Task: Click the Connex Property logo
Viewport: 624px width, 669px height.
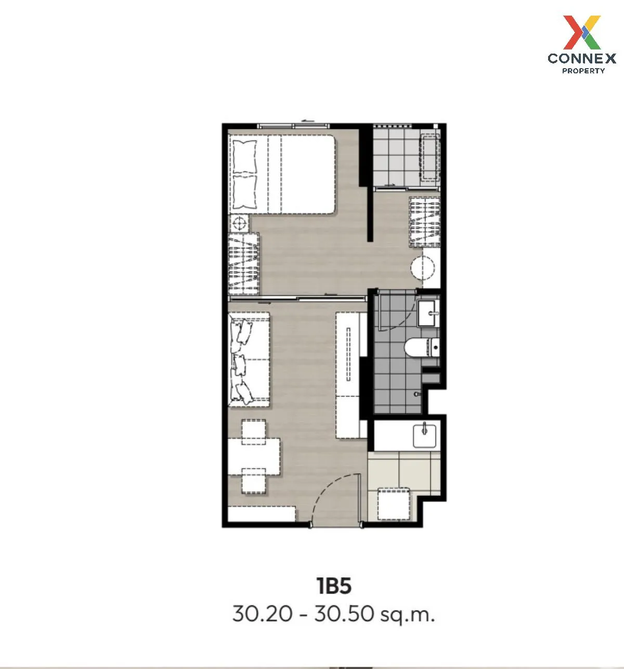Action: [582, 44]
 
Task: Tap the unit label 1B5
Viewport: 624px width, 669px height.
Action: [334, 586]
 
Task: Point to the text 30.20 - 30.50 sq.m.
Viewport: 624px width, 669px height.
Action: [333, 614]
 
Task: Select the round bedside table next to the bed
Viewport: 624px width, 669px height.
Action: [239, 224]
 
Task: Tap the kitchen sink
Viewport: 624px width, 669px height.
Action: [426, 435]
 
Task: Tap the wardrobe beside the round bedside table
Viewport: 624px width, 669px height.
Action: [244, 263]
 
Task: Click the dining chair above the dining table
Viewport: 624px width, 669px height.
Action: [253, 428]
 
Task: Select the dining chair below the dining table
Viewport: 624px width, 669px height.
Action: [253, 481]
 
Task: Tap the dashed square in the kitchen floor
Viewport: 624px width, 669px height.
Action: [394, 503]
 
